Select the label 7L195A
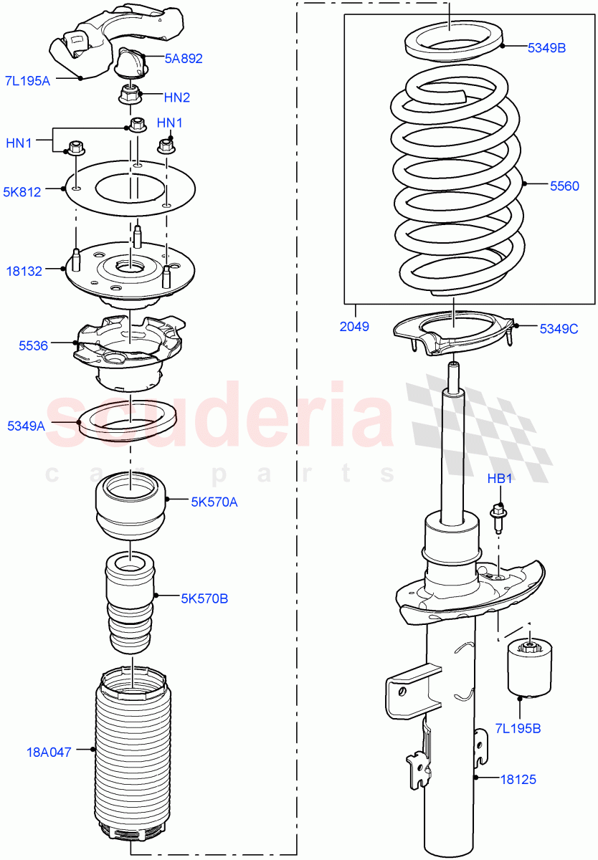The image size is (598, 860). (x=27, y=81)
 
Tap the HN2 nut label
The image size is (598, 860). (x=176, y=97)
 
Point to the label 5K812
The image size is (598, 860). (x=22, y=191)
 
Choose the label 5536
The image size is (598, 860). (x=33, y=345)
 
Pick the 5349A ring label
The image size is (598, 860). (x=26, y=426)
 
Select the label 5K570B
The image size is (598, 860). (x=204, y=598)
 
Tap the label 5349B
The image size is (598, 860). (x=546, y=48)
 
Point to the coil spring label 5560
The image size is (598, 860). (x=564, y=186)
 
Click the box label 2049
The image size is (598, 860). (x=354, y=327)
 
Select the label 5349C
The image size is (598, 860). (x=558, y=329)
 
